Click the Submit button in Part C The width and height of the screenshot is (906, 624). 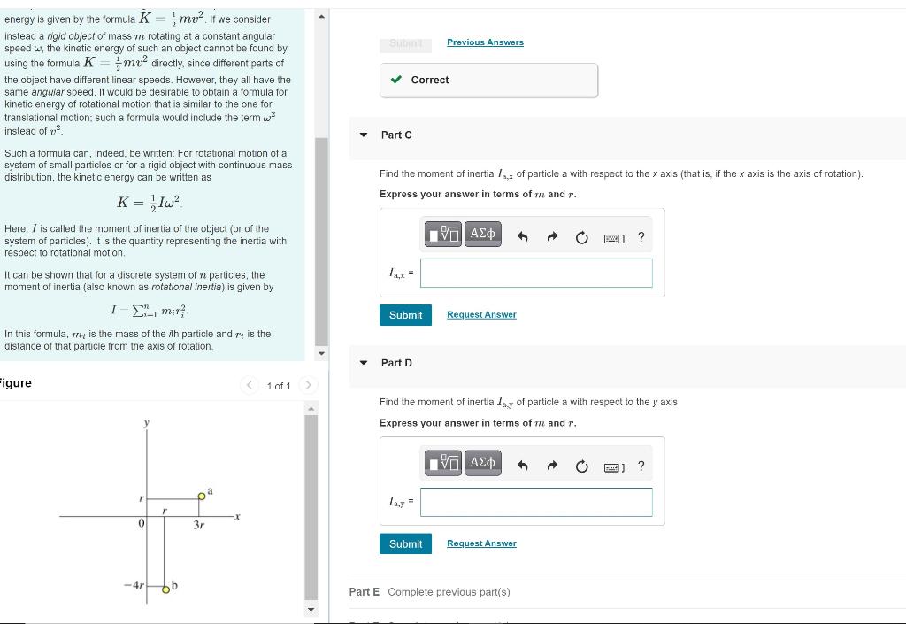[x=405, y=315]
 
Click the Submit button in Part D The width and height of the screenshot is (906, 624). [x=405, y=543]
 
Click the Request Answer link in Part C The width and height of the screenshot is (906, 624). [x=481, y=315]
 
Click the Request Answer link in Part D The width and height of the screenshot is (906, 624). [x=481, y=543]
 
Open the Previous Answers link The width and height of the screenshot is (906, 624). [x=485, y=42]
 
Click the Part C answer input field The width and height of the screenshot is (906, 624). [x=536, y=273]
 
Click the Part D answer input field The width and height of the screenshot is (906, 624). [x=536, y=502]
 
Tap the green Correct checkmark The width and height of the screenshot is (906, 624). [x=396, y=80]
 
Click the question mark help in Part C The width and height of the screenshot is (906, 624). [x=641, y=237]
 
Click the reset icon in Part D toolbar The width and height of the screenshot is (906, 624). [x=581, y=466]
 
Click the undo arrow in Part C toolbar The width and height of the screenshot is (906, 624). [x=522, y=237]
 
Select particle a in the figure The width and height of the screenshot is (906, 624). [x=202, y=497]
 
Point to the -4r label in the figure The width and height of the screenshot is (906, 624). [x=133, y=587]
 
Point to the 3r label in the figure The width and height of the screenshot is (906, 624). [x=199, y=525]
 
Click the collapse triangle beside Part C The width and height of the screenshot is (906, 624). [x=364, y=135]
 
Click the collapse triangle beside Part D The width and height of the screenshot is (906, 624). [x=364, y=364]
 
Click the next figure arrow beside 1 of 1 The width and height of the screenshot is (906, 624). [x=308, y=385]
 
